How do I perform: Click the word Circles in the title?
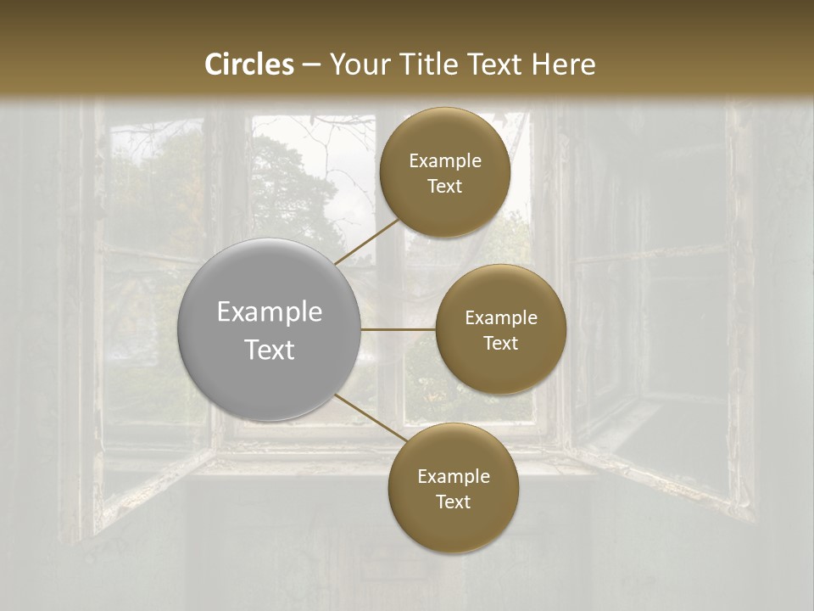(248, 64)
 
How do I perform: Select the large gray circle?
(270, 330)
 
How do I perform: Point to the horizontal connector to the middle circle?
(398, 329)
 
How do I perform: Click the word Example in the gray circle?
(270, 312)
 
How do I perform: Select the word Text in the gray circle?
(270, 350)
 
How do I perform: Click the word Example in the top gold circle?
(444, 161)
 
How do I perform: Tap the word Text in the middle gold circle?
(500, 344)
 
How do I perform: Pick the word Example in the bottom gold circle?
(453, 477)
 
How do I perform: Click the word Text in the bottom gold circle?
(453, 502)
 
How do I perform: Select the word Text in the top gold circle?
(444, 187)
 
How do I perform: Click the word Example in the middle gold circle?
(500, 318)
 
